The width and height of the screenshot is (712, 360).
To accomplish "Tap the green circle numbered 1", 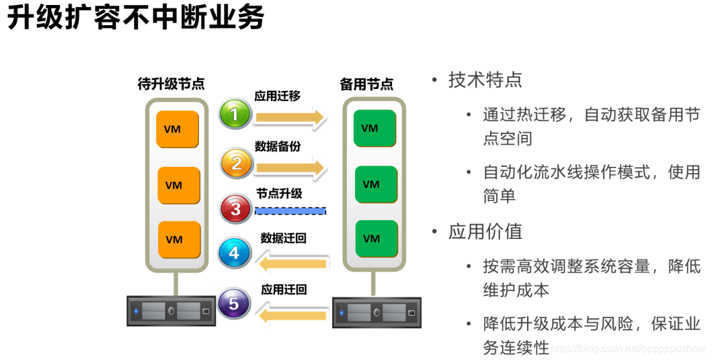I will [235, 115].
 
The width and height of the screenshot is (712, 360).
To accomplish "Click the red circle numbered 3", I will [236, 209].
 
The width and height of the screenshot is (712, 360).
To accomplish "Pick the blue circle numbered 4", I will [235, 253].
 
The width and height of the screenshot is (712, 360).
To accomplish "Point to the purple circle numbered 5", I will [234, 305].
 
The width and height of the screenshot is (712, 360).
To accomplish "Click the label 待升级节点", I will [171, 83].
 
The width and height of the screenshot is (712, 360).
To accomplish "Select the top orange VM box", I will [177, 129].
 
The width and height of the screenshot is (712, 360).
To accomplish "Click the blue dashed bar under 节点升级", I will [290, 211].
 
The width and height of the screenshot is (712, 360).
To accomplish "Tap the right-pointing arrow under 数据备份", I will [290, 167].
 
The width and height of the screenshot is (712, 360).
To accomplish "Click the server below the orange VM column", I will [171, 310].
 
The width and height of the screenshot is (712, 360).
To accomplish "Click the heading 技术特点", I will [485, 80].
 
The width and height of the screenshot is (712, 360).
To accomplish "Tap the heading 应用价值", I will [485, 231].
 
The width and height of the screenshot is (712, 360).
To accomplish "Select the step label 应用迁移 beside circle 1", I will [277, 96].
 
